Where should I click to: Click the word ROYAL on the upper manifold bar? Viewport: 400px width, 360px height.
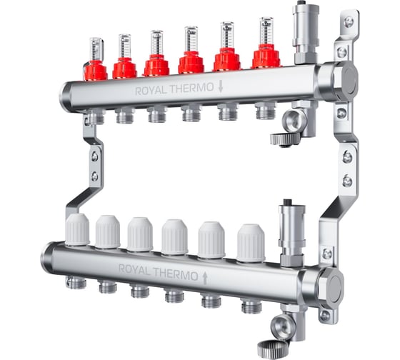151,91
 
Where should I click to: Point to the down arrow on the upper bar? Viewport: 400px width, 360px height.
221,86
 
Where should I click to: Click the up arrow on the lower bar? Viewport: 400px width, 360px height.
204,278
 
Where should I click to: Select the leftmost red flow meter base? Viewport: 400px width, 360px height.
96,71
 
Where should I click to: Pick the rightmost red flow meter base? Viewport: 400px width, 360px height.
266,56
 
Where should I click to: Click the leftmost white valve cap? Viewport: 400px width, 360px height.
78,229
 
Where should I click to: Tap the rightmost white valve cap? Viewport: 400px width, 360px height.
251,243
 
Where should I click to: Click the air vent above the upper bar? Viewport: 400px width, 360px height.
305,34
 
